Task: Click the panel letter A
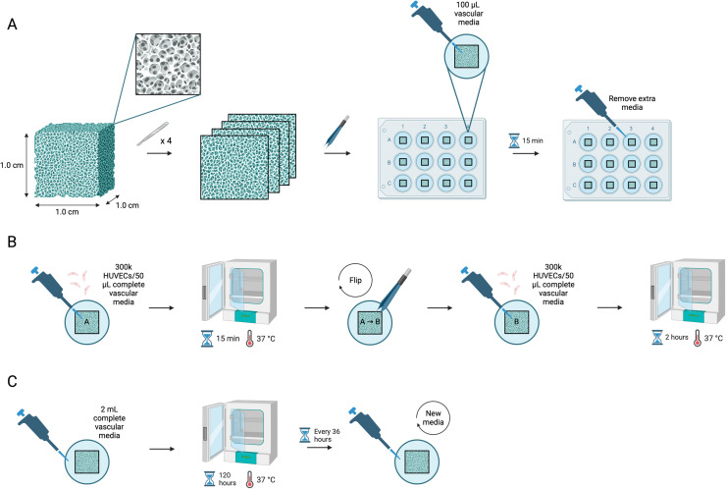coord(12,25)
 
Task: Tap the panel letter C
coord(12,381)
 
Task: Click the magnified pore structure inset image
coord(168,65)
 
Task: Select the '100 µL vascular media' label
coord(468,14)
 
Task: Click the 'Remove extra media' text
coord(632,103)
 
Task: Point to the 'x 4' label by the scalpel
coord(166,140)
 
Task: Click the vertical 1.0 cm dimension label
coord(12,165)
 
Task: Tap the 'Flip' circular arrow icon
coord(355,280)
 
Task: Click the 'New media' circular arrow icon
coord(434,417)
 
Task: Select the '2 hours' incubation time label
coord(677,338)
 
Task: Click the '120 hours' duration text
coord(228,479)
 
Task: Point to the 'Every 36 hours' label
coord(327,435)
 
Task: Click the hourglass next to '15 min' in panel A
coord(514,140)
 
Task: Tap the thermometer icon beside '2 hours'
coord(698,338)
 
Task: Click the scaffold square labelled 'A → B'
coord(370,322)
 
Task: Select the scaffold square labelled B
coord(516,322)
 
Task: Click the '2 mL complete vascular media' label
coord(110,422)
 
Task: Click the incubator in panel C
coord(239,431)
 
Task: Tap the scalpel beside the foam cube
coord(151,134)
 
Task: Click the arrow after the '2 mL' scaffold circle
coord(162,449)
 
